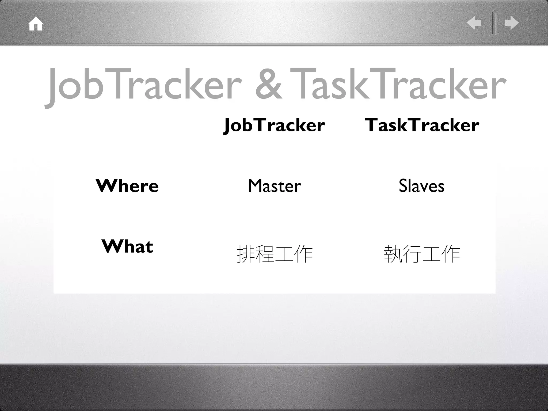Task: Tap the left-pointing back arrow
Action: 474,23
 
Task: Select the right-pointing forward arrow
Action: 511,23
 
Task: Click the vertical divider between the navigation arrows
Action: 494,23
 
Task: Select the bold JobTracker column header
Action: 274,125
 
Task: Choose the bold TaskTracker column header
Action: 422,125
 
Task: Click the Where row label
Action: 127,185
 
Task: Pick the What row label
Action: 127,246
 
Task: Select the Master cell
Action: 275,186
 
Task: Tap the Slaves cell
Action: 422,186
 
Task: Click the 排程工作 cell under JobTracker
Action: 275,254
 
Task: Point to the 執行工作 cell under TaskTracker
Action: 422,254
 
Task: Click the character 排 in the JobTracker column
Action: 246,254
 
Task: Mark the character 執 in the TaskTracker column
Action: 393,254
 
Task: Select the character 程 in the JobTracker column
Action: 265,254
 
